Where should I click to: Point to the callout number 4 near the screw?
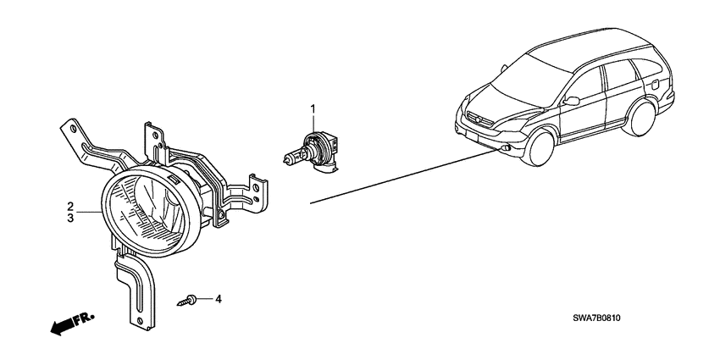click(x=218, y=299)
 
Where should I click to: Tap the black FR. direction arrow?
click(x=70, y=323)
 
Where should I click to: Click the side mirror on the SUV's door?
click(x=573, y=102)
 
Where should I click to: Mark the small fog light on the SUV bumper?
click(x=506, y=150)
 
